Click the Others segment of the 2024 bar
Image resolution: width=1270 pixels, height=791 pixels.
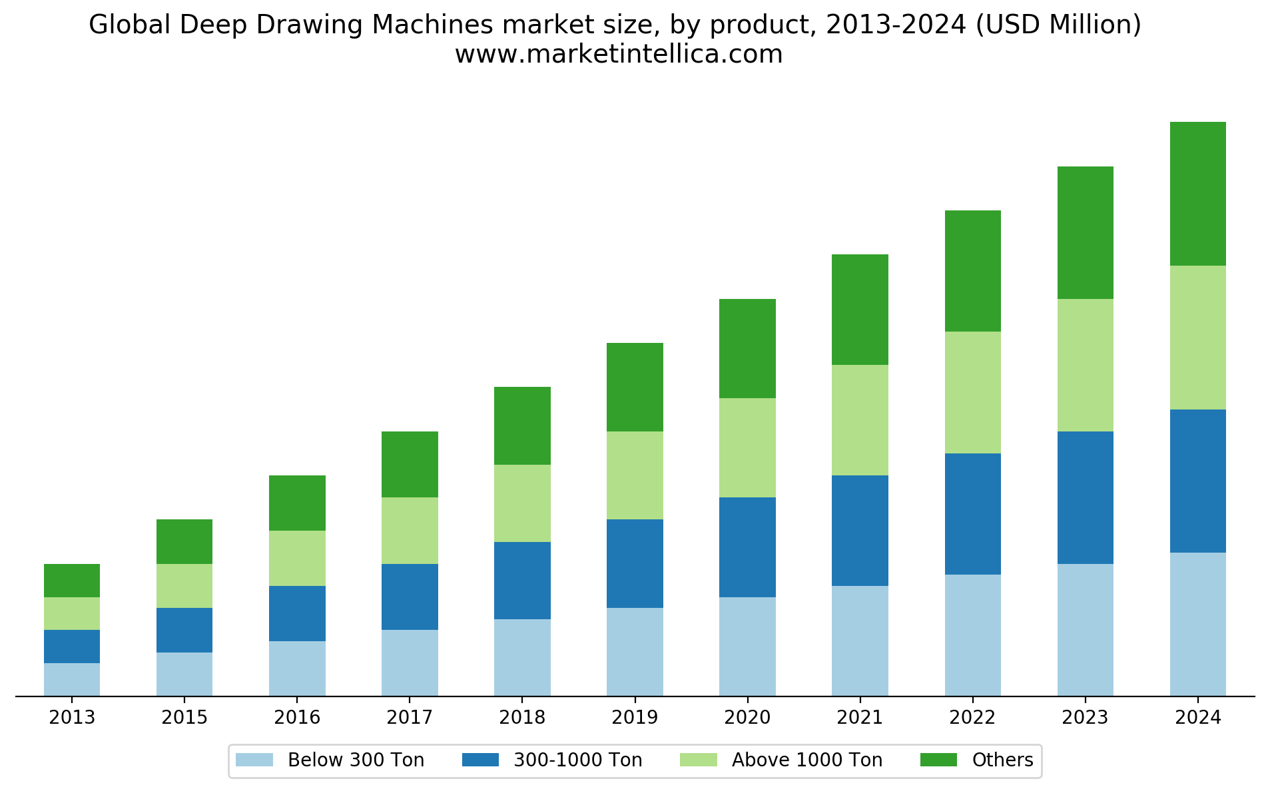point(1197,194)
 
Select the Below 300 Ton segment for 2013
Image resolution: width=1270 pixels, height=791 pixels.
point(72,679)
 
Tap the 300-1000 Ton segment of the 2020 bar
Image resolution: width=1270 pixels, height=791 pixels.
point(747,547)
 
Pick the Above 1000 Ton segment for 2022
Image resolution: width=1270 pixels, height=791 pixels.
point(972,392)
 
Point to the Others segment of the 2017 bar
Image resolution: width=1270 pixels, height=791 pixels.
point(410,464)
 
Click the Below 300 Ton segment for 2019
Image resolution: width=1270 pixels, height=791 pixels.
point(635,652)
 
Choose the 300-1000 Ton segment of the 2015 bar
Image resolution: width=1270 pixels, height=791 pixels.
point(184,630)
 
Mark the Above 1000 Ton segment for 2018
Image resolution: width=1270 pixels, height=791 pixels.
point(522,503)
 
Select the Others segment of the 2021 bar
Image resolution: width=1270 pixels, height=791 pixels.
point(860,310)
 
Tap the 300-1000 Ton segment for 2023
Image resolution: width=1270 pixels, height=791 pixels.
point(1085,497)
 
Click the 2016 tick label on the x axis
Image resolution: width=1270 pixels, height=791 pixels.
point(297,717)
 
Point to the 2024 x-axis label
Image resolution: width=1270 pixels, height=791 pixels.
point(1197,717)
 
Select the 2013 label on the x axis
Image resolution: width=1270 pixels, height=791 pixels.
point(72,717)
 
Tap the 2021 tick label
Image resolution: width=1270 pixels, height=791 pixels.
point(860,717)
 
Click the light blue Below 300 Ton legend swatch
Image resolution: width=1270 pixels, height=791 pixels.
point(254,760)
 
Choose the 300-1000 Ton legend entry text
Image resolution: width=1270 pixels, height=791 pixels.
point(577,760)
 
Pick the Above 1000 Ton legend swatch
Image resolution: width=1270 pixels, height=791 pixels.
point(698,760)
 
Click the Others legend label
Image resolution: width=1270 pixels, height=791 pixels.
point(1002,760)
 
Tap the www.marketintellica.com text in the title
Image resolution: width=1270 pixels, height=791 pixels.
point(619,54)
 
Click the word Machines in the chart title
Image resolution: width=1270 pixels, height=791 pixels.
point(433,25)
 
